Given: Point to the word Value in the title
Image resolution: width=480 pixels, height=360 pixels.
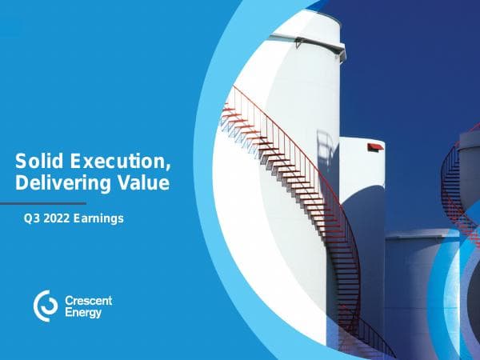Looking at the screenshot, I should tap(145, 183).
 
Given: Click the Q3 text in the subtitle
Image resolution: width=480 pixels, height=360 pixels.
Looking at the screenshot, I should tap(31, 218).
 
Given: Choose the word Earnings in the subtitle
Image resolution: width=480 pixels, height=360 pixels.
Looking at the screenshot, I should tap(100, 218).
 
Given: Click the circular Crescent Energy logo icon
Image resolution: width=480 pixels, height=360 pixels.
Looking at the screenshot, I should tap(45, 305).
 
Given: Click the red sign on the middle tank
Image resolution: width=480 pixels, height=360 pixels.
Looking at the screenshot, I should tap(374, 147).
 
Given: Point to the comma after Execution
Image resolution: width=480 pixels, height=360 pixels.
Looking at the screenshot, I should tap(169, 166).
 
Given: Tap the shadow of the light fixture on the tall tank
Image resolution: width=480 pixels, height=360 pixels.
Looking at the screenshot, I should tap(325, 148).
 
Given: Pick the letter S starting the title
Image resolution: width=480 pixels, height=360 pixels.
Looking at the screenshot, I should tap(21, 161).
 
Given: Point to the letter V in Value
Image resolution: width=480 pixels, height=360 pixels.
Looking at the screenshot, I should tap(126, 183).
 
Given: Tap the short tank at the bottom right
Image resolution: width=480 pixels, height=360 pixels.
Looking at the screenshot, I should tap(416, 288).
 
